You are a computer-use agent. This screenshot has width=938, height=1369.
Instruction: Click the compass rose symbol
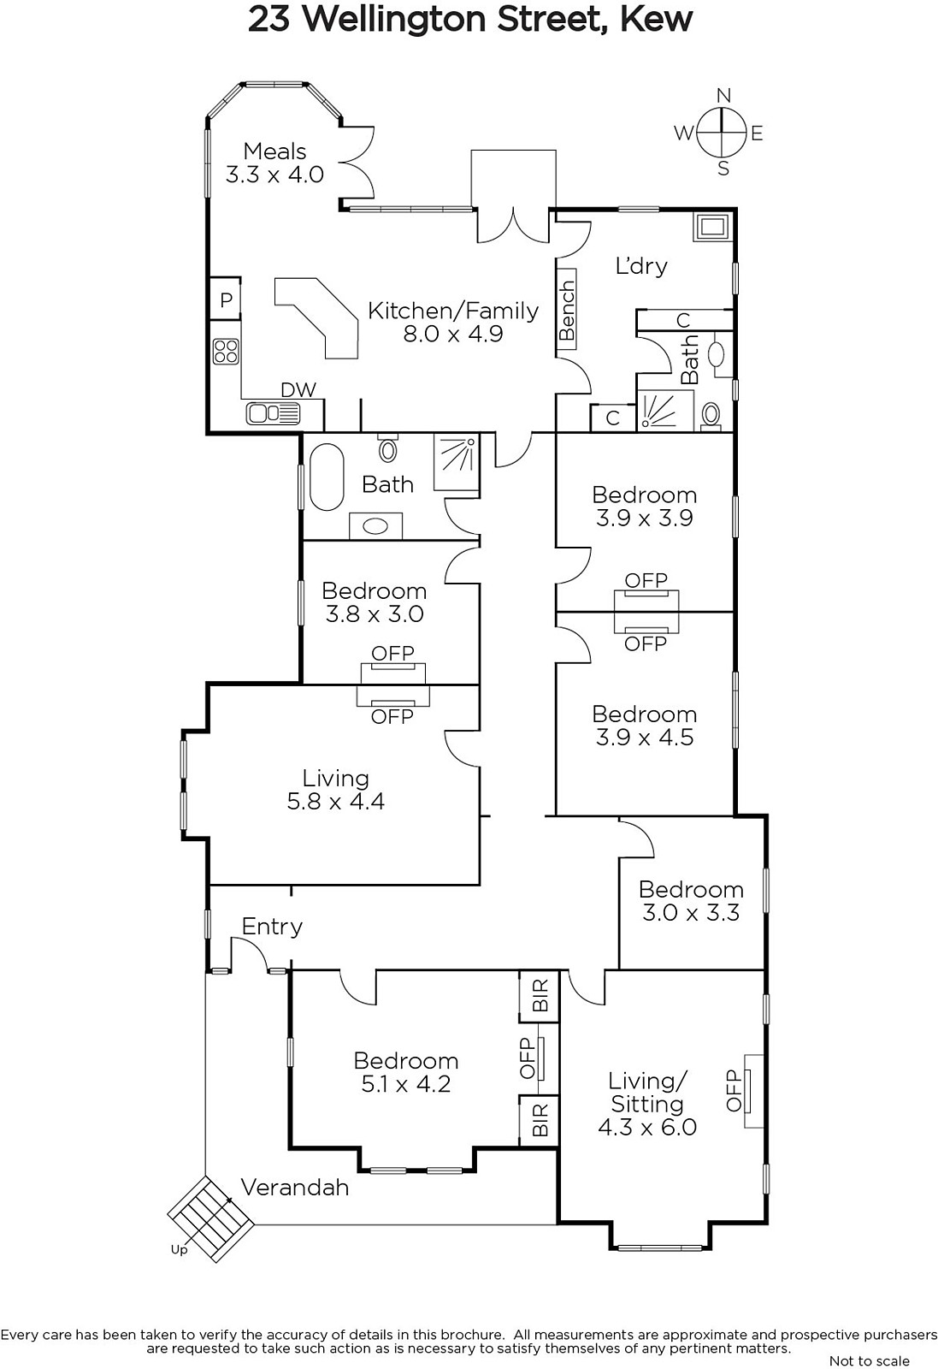721,132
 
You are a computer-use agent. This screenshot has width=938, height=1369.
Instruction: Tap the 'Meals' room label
274,151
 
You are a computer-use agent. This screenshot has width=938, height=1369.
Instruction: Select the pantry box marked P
226,299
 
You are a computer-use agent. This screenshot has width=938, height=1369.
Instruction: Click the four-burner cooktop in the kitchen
226,352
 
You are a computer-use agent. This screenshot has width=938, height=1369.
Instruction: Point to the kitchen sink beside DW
273,414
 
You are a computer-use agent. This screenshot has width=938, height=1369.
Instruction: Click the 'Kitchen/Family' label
453,311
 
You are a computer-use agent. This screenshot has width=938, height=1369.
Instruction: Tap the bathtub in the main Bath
327,477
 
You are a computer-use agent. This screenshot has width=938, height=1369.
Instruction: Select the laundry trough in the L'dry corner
711,228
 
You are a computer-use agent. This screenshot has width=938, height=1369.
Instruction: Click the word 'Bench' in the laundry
567,311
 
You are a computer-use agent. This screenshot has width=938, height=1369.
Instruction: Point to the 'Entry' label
273,927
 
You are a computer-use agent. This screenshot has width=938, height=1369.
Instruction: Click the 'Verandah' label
295,1188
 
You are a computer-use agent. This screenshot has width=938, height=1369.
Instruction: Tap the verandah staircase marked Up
210,1218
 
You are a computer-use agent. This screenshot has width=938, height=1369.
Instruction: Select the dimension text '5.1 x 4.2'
406,1083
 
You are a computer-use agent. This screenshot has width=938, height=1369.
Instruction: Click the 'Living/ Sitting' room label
647,1092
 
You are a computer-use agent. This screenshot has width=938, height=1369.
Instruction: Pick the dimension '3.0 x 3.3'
691,912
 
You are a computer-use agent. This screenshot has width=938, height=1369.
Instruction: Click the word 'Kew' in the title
656,20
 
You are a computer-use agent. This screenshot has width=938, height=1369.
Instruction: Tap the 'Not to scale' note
870,1360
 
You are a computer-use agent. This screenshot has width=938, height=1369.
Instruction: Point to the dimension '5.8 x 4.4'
336,801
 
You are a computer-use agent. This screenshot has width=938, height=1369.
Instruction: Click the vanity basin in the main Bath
375,526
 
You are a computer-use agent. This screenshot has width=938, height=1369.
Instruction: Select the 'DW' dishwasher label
298,390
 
